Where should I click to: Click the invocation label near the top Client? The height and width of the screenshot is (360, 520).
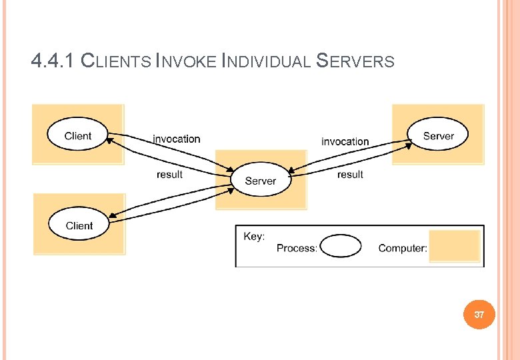click(x=177, y=139)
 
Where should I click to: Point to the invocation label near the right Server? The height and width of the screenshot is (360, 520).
click(x=345, y=142)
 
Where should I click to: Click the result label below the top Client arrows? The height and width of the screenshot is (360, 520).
click(x=169, y=175)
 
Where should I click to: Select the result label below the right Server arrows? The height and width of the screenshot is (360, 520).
click(x=350, y=175)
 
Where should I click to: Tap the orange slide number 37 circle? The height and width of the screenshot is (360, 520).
click(x=479, y=315)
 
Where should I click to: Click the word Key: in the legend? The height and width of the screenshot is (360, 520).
click(x=254, y=237)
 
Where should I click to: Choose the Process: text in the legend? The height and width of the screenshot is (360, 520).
click(x=297, y=248)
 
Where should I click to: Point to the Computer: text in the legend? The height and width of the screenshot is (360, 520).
click(x=403, y=248)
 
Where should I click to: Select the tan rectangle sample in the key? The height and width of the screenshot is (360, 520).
click(x=455, y=246)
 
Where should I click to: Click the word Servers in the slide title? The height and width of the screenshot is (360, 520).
click(x=355, y=61)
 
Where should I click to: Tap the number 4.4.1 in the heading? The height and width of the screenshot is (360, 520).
click(x=53, y=61)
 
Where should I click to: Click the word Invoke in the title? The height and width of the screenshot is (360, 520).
click(x=186, y=61)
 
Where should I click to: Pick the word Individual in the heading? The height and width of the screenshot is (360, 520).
click(x=266, y=61)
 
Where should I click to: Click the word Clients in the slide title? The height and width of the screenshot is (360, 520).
click(x=116, y=61)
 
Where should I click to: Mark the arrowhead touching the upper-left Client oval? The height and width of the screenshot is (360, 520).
click(x=109, y=141)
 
